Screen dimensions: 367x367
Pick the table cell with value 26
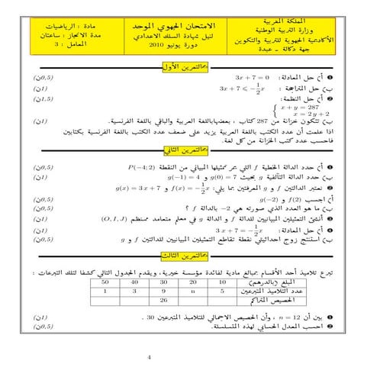[163, 300]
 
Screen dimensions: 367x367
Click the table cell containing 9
[163, 291]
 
